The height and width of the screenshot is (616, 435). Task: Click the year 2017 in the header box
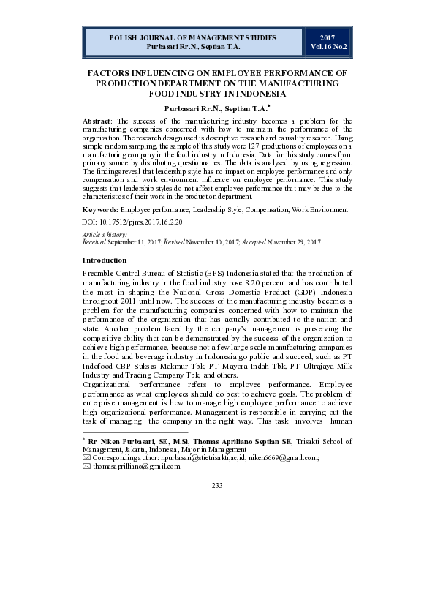328,37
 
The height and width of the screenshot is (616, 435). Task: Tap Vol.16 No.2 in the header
328,46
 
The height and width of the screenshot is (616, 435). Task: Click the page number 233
217,486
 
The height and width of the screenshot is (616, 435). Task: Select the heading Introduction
105,260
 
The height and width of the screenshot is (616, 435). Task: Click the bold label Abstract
98,121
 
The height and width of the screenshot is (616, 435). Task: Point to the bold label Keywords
100,210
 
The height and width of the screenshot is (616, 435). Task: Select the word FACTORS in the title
112,74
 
